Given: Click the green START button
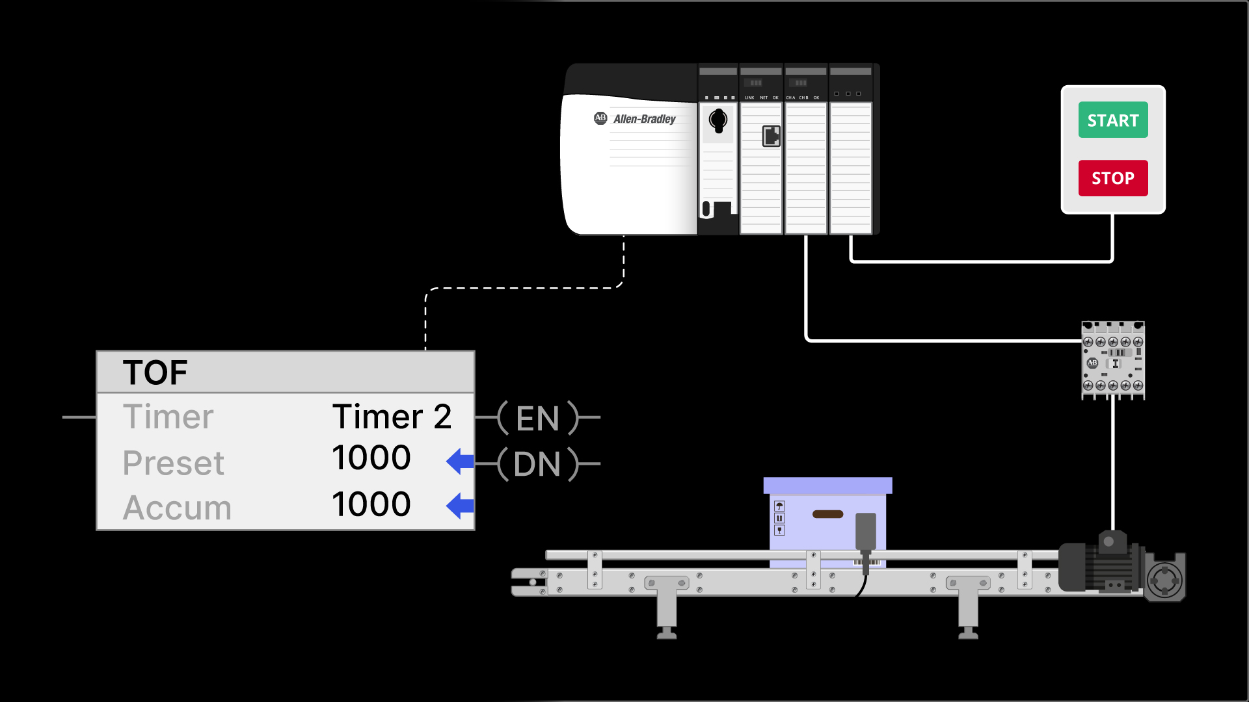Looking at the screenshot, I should [1112, 120].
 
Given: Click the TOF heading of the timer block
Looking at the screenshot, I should [155, 372].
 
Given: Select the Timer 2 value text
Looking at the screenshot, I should [392, 417].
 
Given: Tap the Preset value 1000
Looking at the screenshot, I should [371, 458].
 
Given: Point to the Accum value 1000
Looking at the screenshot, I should [371, 504].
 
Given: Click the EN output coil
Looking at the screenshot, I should [537, 418].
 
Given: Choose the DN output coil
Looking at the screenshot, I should [537, 464].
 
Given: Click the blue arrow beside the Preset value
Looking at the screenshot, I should [460, 461].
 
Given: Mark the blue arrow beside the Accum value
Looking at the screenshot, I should [460, 506].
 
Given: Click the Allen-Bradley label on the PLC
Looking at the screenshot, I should [643, 119].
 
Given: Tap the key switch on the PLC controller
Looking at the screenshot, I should [718, 121].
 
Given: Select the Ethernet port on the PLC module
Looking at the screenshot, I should [771, 136].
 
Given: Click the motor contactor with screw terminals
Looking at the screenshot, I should [1112, 361].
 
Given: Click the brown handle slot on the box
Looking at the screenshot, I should [827, 514].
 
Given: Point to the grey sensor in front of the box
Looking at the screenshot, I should [865, 531].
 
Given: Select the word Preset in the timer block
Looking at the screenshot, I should [173, 463].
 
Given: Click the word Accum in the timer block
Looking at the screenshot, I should [177, 508].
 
